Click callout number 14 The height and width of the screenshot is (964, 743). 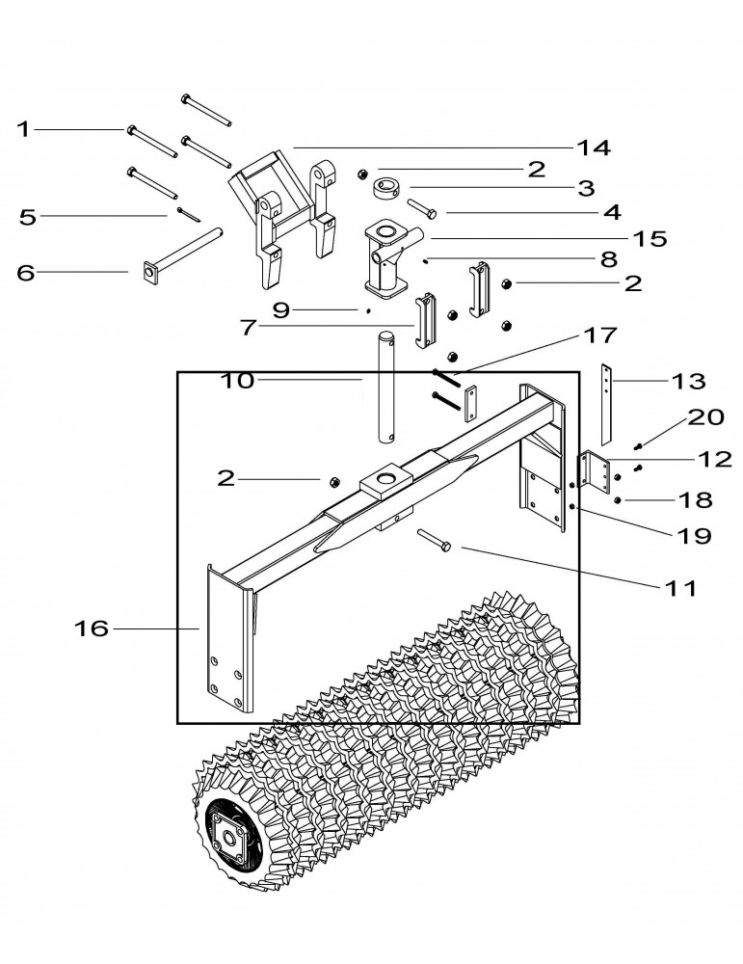(594, 147)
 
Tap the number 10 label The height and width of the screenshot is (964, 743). (236, 380)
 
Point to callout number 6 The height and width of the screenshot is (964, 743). (26, 273)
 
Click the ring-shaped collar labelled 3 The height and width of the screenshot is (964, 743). (392, 186)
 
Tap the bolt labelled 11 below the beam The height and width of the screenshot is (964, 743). (435, 542)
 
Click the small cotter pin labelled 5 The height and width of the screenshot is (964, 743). (187, 214)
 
